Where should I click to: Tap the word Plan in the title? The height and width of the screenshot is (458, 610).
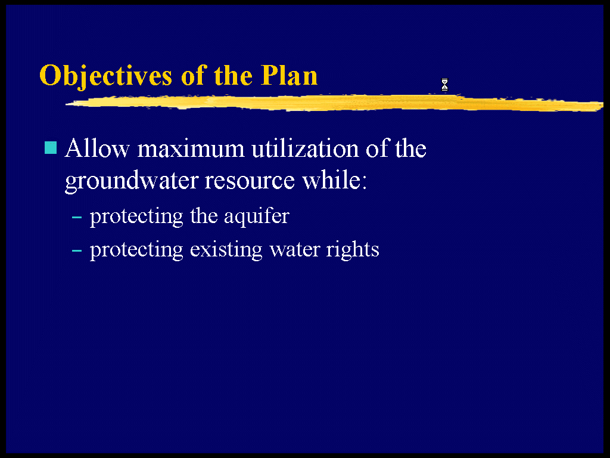(x=289, y=75)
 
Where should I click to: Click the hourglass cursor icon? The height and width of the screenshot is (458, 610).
(x=444, y=85)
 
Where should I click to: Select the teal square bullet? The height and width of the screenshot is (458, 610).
(x=51, y=148)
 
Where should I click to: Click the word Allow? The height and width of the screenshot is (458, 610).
(x=97, y=148)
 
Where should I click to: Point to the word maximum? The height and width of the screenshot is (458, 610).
(x=191, y=148)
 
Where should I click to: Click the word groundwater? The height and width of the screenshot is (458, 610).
(x=131, y=181)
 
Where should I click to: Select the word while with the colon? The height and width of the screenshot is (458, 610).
(x=335, y=180)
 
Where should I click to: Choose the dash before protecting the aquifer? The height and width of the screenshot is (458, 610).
(x=77, y=216)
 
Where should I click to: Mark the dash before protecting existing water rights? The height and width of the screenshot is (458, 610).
(x=77, y=250)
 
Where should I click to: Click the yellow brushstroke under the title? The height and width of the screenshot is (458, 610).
(x=335, y=103)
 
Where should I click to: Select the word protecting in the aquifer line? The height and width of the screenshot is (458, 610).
(x=136, y=216)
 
